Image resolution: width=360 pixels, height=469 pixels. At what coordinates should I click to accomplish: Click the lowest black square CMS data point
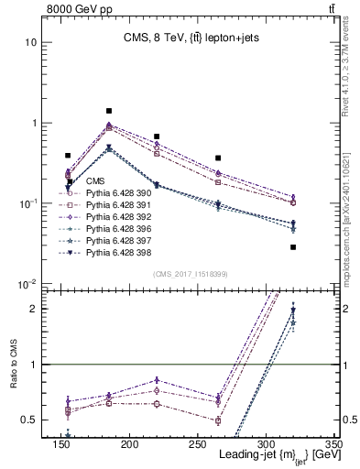[293, 247]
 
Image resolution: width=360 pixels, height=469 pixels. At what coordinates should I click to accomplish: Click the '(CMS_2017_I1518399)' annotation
[191, 274]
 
